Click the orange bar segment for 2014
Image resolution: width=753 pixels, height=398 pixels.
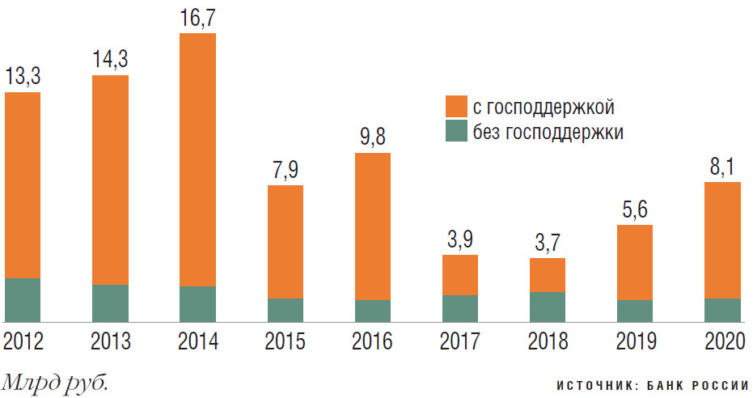click(197, 159)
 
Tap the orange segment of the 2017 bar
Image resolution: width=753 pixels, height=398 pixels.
click(459, 275)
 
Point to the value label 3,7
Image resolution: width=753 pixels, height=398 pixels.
click(547, 243)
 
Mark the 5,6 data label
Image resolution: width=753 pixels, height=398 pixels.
click(634, 210)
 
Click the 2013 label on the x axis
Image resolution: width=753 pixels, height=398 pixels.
click(110, 341)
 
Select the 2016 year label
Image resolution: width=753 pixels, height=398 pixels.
click(372, 341)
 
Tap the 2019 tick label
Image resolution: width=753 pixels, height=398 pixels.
click(634, 341)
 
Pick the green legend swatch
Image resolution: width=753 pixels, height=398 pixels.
click(456, 132)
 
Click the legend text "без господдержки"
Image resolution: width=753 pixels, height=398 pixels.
click(548, 133)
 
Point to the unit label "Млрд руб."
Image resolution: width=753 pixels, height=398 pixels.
click(55, 381)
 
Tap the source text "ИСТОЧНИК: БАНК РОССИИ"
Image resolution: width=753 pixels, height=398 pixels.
click(654, 386)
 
